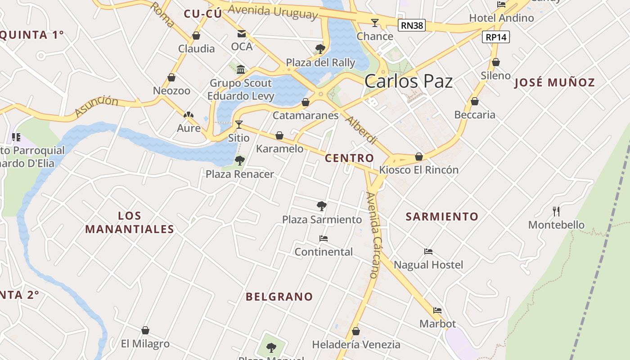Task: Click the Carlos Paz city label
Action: point(408,81)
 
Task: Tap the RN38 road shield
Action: point(412,25)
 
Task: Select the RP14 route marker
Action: point(496,37)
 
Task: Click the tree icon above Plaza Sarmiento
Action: point(321,206)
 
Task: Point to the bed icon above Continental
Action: point(323,238)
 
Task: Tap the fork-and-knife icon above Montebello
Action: point(556,211)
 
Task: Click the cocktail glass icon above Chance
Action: point(374,22)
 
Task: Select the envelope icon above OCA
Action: point(242,34)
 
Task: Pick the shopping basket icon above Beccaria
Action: point(474,101)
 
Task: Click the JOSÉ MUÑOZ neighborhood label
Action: point(554,82)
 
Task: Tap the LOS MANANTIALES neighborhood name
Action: point(130,222)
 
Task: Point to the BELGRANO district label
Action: point(279,297)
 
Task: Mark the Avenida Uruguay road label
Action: point(273,10)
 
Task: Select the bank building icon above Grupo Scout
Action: point(241,69)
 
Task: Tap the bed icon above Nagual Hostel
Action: point(428,252)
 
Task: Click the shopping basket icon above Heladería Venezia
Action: point(355,331)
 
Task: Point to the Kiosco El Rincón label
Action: point(418,170)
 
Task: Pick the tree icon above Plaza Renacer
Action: point(239,160)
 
